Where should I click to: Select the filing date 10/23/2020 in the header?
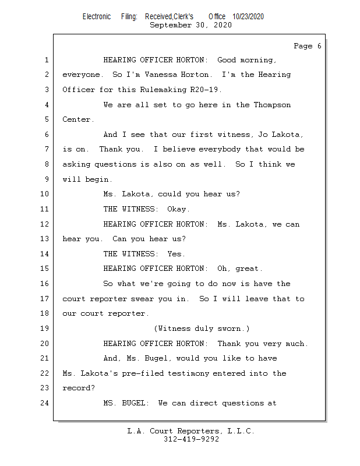point(248,17)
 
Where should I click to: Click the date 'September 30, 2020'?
point(190,25)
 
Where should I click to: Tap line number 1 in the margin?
point(46,60)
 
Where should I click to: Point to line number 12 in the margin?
point(44,224)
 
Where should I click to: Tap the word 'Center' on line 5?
point(77,120)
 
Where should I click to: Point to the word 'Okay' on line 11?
point(178,209)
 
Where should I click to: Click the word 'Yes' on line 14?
point(176,254)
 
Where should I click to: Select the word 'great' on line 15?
point(249,269)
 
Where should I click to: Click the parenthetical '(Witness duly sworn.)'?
point(202,329)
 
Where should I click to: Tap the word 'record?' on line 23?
point(77,389)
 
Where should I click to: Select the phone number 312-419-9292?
point(191,440)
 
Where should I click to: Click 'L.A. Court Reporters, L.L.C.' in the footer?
point(190,432)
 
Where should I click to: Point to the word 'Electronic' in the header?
point(97,17)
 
